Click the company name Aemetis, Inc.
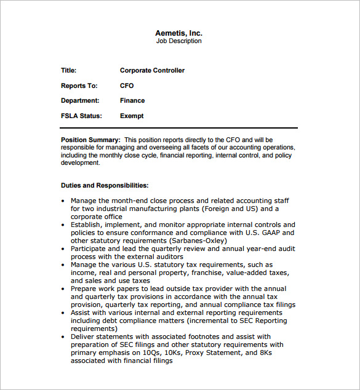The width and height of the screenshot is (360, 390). pyautogui.click(x=178, y=33)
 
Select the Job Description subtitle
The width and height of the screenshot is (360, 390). pyautogui.click(x=178, y=41)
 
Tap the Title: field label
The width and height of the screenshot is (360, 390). pyautogui.click(x=69, y=71)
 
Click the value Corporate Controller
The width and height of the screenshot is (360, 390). pyautogui.click(x=152, y=71)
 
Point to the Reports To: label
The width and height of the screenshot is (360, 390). pyautogui.click(x=79, y=86)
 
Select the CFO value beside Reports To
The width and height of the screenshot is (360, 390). pyautogui.click(x=127, y=86)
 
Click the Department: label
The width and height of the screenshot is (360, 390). pyautogui.click(x=80, y=100)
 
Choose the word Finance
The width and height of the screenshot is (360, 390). pyautogui.click(x=132, y=100)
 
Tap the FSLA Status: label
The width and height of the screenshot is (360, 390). pyautogui.click(x=81, y=116)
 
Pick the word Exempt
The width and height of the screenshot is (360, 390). pyautogui.click(x=132, y=116)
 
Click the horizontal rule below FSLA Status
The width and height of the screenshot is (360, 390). pyautogui.click(x=178, y=128)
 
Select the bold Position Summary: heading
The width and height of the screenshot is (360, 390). pyautogui.click(x=90, y=140)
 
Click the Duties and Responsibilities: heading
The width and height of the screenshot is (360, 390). pyautogui.click(x=105, y=185)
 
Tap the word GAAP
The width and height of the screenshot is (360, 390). pyautogui.click(x=270, y=233)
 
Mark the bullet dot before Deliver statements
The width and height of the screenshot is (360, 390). pyautogui.click(x=64, y=337)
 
